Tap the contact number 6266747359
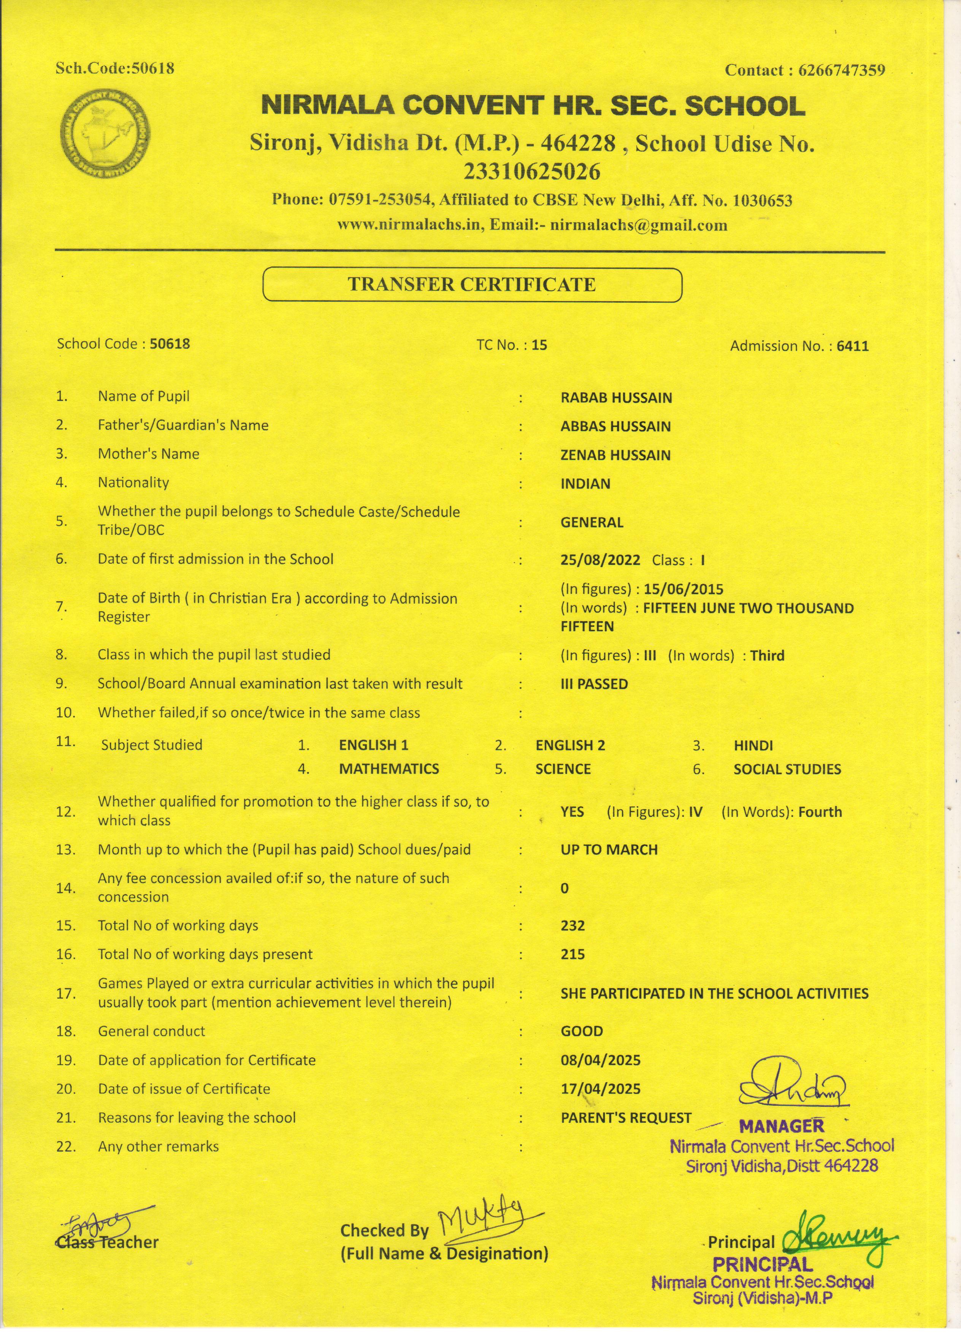coord(840,71)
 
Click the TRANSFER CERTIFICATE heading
coord(472,284)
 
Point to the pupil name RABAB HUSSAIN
coord(616,398)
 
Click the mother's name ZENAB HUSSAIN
coord(615,455)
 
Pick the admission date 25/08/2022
coord(600,560)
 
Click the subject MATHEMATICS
coord(389,769)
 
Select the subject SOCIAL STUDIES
coord(787,769)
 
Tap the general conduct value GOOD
coord(582,1031)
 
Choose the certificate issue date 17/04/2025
coord(601,1089)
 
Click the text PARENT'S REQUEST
coord(626,1117)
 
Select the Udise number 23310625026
coord(533,172)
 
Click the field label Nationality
coord(133,483)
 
